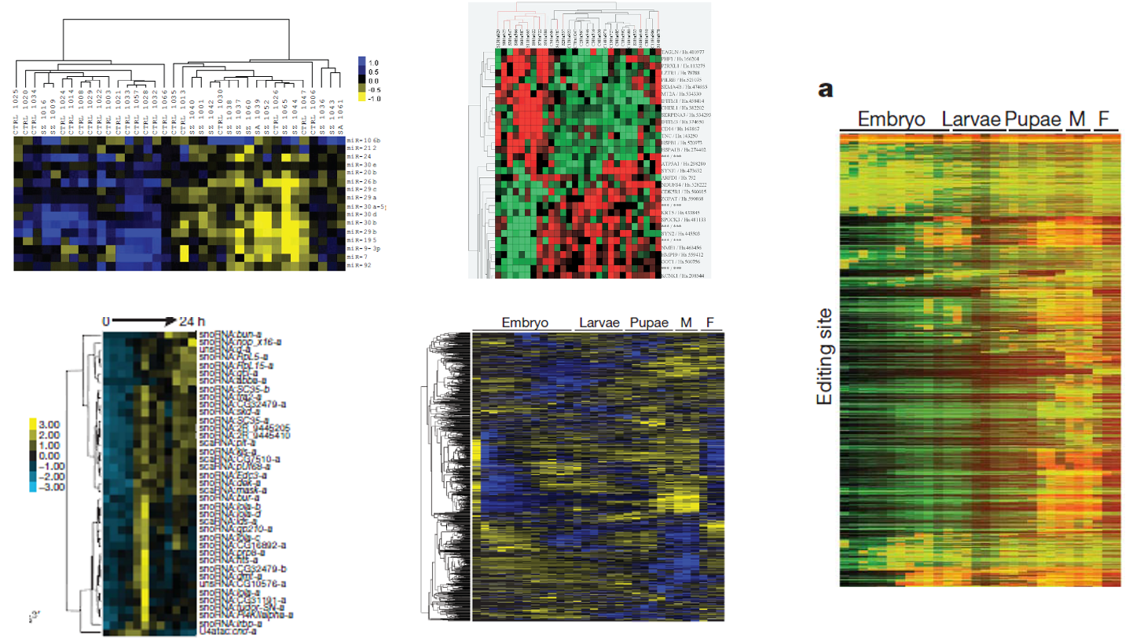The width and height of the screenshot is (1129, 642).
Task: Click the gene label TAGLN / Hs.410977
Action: pyautogui.click(x=684, y=51)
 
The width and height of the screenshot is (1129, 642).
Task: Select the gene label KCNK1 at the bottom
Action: pyautogui.click(x=680, y=275)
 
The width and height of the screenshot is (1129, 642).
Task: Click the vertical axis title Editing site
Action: pyautogui.click(x=824, y=356)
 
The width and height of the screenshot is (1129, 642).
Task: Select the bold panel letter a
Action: pyautogui.click(x=825, y=89)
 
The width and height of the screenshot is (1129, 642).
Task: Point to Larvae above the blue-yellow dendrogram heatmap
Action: pyautogui.click(x=599, y=323)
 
